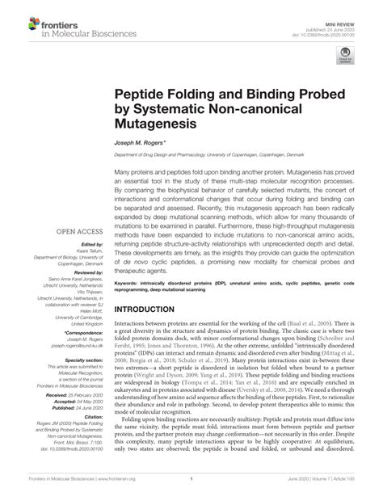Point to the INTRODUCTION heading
point(150,309)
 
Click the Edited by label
point(94,243)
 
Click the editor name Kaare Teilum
point(91,250)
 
